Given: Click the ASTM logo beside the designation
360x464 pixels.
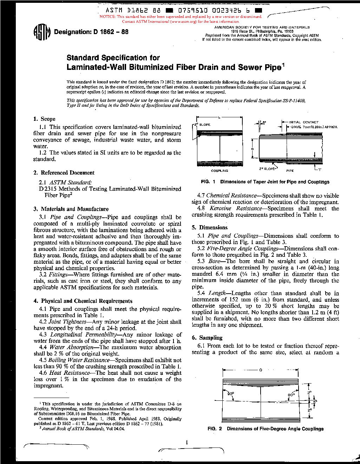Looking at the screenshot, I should [x=42, y=32].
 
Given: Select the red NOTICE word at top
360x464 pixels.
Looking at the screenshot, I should [x=107, y=17].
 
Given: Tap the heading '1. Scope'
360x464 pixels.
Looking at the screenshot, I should [x=44, y=119].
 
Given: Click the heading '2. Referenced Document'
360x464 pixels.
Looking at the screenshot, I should [x=64, y=173].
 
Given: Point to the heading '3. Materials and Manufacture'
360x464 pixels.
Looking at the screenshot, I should [x=71, y=209].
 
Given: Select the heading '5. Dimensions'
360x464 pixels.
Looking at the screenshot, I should [x=210, y=228].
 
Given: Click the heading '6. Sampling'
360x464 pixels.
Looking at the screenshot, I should [x=207, y=338].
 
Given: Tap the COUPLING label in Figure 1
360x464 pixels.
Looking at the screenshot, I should [x=220, y=171].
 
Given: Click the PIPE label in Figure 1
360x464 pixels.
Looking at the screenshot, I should [x=290, y=171].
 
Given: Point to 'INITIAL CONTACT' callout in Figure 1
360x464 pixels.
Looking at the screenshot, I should [x=304, y=122].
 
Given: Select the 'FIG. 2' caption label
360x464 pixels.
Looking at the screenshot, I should [x=215, y=429].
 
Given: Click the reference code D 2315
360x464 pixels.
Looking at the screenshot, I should [x=47, y=189].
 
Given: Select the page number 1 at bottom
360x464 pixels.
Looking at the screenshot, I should [x=186, y=442].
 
